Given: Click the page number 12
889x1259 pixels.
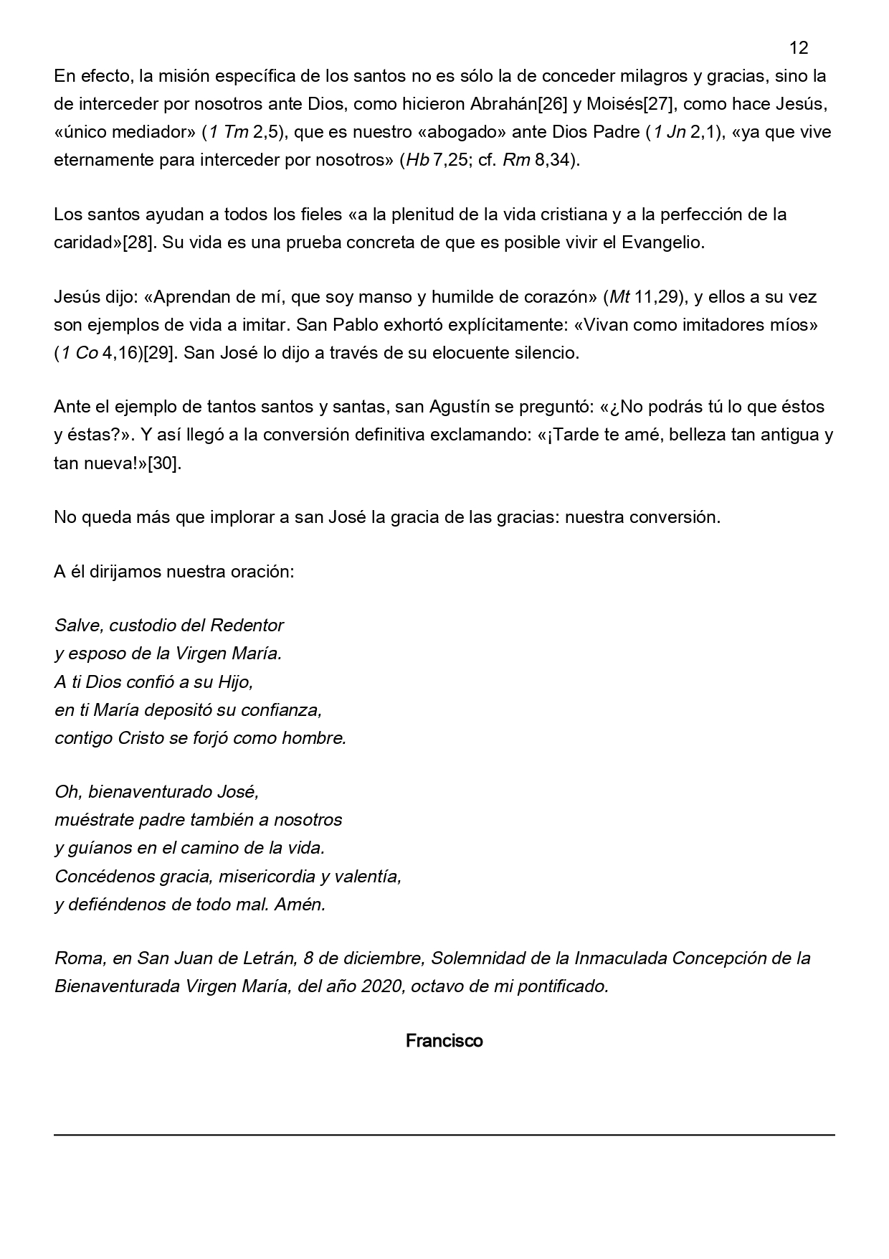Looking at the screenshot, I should click(798, 48).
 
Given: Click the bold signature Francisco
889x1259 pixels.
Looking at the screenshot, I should click(444, 1040).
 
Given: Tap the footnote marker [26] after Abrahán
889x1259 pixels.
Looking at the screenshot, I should click(553, 104).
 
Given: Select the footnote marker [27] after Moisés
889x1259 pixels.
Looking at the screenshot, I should click(657, 104).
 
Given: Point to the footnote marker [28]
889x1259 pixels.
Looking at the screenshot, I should click(138, 242).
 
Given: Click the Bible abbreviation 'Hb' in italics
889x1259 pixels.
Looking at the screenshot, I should click(417, 160).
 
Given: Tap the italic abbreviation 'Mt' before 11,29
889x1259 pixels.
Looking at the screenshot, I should click(619, 297).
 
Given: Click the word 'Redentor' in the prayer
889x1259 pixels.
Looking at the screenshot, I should click(247, 625).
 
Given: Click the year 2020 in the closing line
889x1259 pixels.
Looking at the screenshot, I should click(381, 986).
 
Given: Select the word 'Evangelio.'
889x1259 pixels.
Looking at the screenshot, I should click(663, 242).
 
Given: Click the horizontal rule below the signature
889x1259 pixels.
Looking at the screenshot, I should click(444, 1134).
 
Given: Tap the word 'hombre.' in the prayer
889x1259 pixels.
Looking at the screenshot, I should click(314, 737).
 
